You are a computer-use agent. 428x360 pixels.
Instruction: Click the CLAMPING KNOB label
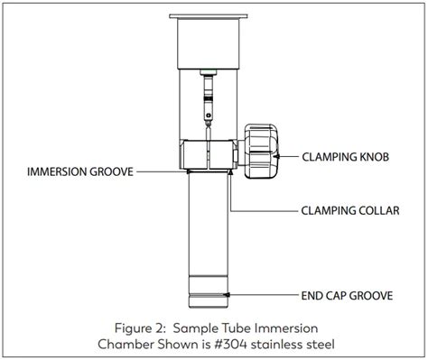(x=345, y=156)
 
